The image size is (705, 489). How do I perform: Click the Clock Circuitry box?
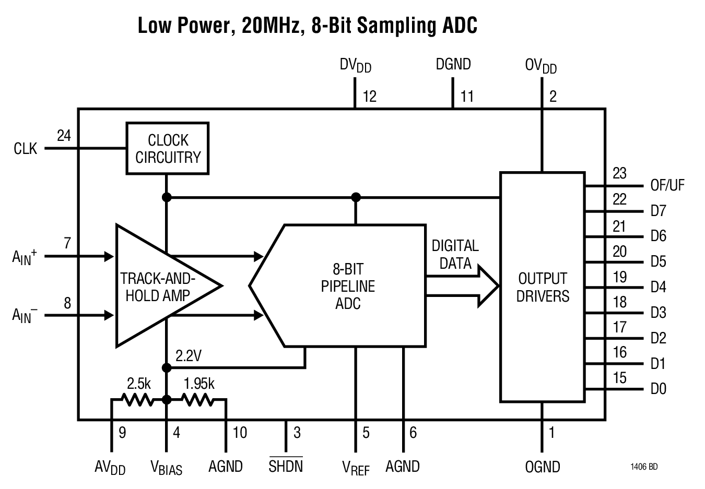pyautogui.click(x=168, y=148)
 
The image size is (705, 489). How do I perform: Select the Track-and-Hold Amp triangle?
pyautogui.click(x=157, y=286)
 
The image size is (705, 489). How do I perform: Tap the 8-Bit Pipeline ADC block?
pyautogui.click(x=347, y=286)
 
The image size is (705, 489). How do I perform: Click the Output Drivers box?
pyautogui.click(x=542, y=287)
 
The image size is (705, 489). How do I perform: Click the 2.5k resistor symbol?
pyautogui.click(x=137, y=400)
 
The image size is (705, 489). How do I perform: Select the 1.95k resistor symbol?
pyautogui.click(x=197, y=400)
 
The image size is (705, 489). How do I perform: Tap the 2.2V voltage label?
pyautogui.click(x=189, y=356)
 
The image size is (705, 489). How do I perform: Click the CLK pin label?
pyautogui.click(x=26, y=149)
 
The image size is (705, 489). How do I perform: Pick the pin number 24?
pyautogui.click(x=64, y=136)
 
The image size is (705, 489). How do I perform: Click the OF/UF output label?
pyautogui.click(x=667, y=186)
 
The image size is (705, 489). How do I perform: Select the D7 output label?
pyautogui.click(x=658, y=211)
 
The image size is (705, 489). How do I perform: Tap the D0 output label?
pyautogui.click(x=658, y=389)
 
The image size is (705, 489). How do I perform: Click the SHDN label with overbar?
pyautogui.click(x=286, y=466)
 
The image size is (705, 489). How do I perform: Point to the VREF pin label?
pyautogui.click(x=355, y=468)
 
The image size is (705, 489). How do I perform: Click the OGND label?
pyautogui.click(x=542, y=467)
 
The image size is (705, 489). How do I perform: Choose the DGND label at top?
pyautogui.click(x=453, y=65)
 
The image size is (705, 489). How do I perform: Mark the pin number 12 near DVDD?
pyautogui.click(x=369, y=97)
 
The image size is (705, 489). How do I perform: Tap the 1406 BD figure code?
pyautogui.click(x=644, y=467)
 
